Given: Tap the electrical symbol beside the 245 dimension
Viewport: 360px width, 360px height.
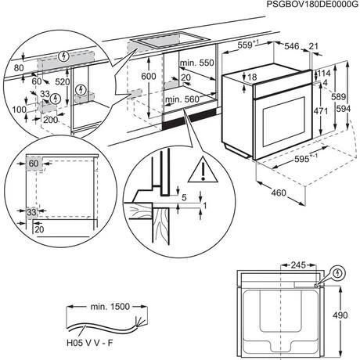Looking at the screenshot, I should pyautogui.click(x=337, y=274).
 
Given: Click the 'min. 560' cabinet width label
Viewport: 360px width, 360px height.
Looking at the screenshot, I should pyautogui.click(x=182, y=99).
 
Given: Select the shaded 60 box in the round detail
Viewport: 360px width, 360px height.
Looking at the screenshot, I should pyautogui.click(x=33, y=164).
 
